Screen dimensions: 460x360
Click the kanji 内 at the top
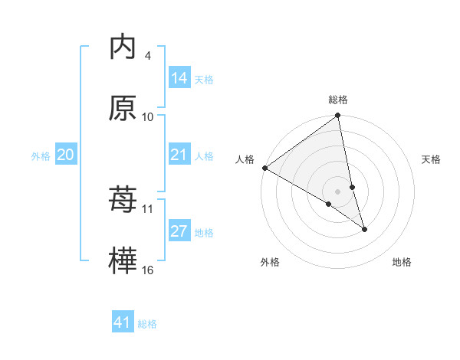123,48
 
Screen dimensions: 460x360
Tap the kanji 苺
123,200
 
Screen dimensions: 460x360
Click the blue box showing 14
179,78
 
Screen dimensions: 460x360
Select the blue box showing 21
179,155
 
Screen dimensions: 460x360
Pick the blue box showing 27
179,232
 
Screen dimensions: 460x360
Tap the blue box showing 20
65,155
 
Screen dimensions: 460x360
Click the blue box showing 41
123,322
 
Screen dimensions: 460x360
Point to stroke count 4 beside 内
147,56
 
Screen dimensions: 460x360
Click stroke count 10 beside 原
148,116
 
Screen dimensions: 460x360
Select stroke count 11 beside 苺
148,208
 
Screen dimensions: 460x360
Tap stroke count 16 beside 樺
148,270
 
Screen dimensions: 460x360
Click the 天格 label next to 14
204,80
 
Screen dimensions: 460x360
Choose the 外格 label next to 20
41,156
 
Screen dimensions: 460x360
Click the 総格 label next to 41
147,324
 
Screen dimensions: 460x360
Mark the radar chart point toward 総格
338,116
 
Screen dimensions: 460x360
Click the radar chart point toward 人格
264,168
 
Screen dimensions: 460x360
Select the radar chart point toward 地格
364,229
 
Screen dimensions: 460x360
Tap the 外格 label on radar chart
270,263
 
